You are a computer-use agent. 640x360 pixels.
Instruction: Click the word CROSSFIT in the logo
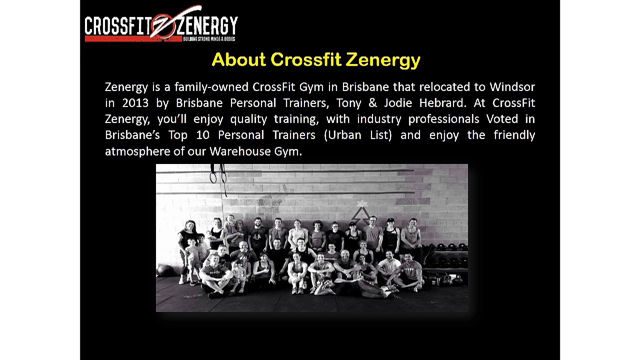click(x=117, y=26)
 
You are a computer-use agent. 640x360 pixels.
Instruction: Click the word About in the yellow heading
click(x=238, y=60)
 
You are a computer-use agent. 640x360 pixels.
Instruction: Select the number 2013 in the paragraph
click(x=135, y=103)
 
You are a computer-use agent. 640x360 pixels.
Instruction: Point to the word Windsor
click(x=512, y=87)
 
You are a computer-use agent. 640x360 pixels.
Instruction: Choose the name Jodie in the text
click(x=397, y=103)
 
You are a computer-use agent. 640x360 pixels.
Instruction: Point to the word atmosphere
click(x=137, y=151)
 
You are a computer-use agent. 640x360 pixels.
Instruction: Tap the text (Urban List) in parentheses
click(x=357, y=135)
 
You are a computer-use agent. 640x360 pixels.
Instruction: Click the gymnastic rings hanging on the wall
click(x=218, y=176)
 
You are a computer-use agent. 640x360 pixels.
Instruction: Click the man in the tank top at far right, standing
click(x=411, y=235)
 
